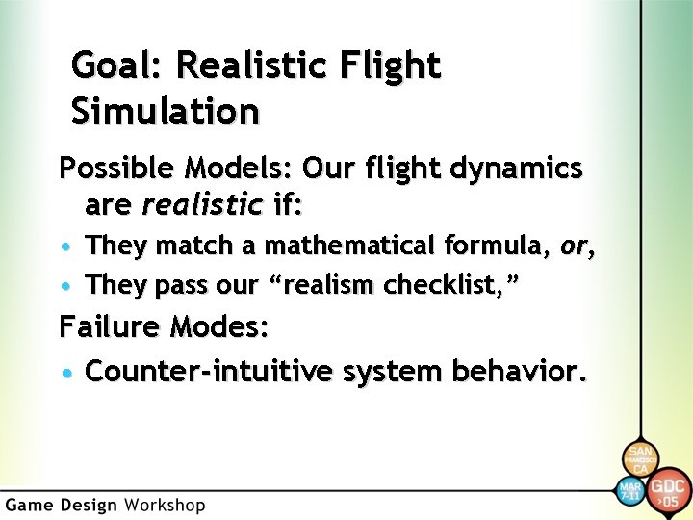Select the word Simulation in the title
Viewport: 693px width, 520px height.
[165, 111]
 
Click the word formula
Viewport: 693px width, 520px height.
[488, 247]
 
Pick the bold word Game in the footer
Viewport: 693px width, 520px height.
[30, 505]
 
